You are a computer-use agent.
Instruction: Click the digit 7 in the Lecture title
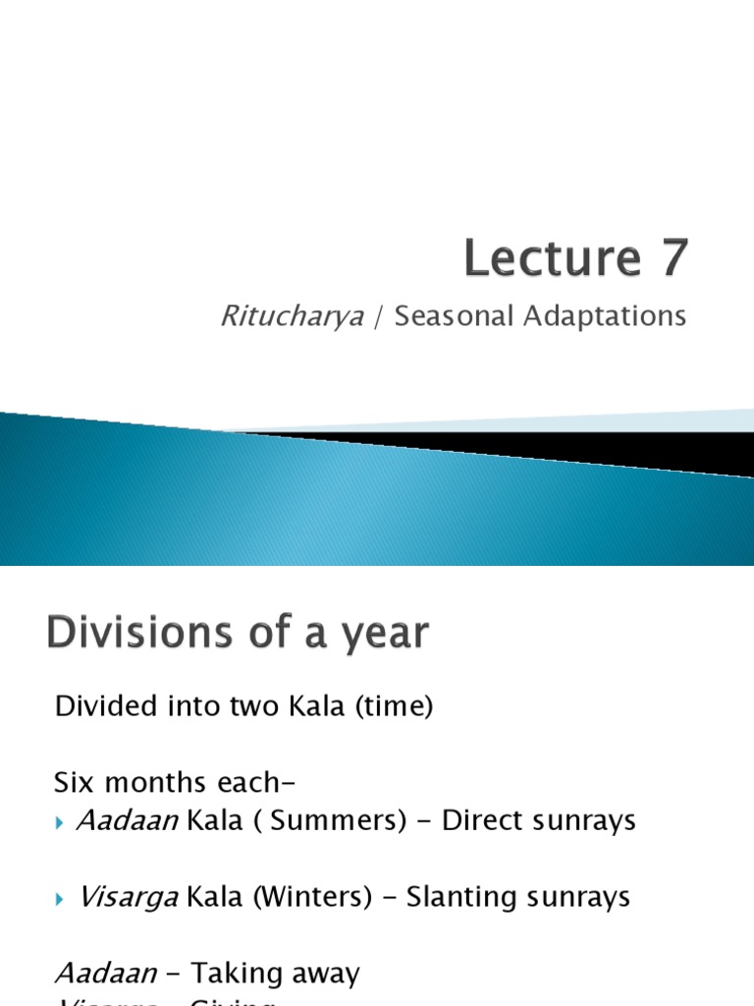[x=670, y=258]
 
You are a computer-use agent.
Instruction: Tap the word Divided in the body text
[x=101, y=706]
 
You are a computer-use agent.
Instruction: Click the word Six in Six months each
[x=74, y=783]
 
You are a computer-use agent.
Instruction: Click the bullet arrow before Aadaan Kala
[x=61, y=822]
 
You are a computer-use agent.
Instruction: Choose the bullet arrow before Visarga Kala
[x=61, y=898]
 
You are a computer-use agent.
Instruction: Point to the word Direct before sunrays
[x=488, y=821]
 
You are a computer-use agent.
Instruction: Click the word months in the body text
[x=157, y=783]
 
